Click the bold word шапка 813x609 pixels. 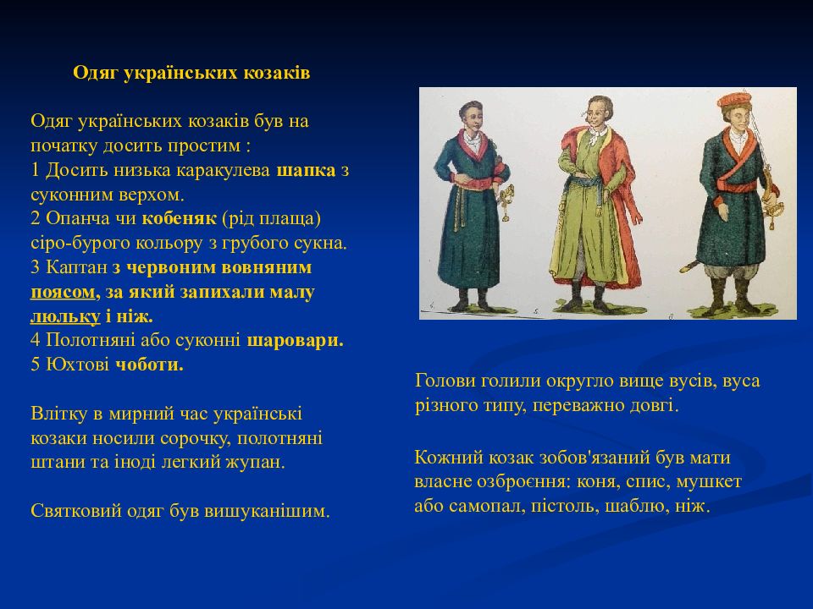click(x=306, y=170)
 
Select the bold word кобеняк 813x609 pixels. click(x=179, y=218)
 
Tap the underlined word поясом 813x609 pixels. click(x=64, y=293)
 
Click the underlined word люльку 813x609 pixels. click(x=65, y=315)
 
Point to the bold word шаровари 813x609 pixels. click(x=295, y=341)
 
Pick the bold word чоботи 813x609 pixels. click(x=149, y=365)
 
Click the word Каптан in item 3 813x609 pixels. click(x=77, y=268)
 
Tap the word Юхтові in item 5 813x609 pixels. click(x=77, y=365)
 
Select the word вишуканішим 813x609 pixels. click(x=267, y=511)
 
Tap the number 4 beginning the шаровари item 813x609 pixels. click(x=36, y=341)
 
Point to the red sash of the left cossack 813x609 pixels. click(x=473, y=184)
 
